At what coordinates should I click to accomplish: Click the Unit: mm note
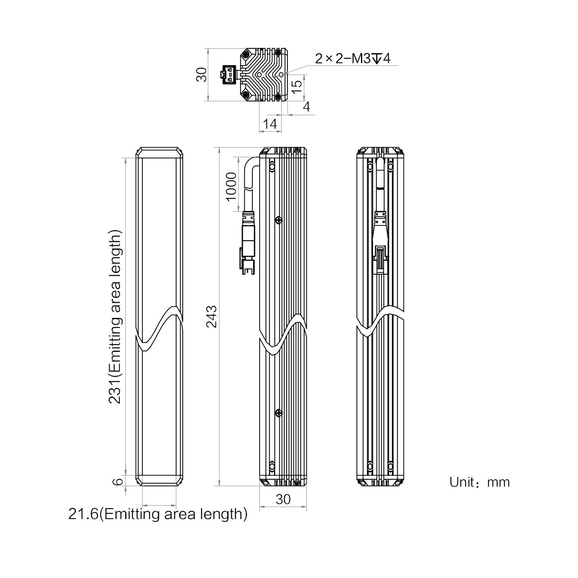point(479,482)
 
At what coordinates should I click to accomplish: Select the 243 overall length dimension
point(212,316)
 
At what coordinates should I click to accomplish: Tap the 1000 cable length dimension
point(231,187)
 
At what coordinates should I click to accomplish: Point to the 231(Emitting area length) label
point(115,316)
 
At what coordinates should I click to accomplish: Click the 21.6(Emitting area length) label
point(158,514)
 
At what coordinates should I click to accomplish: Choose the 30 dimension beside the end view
point(202,74)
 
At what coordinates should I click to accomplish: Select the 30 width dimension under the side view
point(283,499)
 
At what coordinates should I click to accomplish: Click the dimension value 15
point(296,86)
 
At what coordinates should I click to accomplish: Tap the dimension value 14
point(270,124)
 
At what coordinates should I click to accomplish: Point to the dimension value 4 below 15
point(306,106)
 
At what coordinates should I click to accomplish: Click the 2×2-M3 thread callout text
point(353,59)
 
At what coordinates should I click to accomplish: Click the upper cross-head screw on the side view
point(279,220)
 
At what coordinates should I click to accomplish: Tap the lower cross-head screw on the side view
point(279,413)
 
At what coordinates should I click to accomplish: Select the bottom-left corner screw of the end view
point(246,95)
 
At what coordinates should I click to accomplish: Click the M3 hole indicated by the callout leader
point(282,74)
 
